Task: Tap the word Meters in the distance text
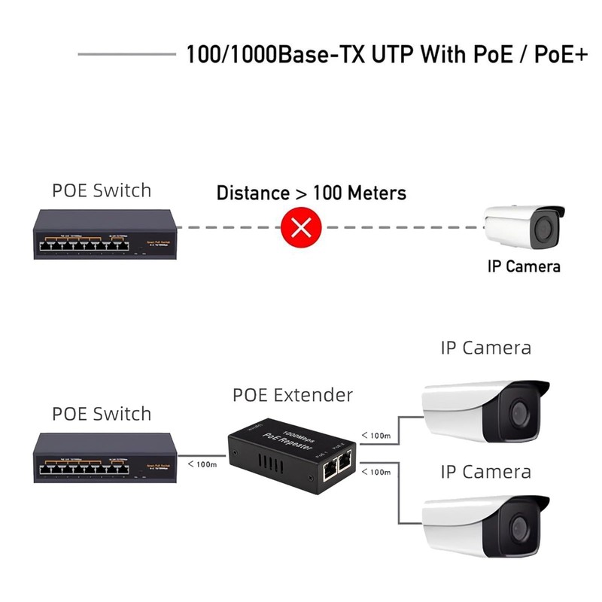[376, 193]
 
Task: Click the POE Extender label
[293, 394]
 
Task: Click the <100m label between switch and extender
[202, 464]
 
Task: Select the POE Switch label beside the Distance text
[102, 190]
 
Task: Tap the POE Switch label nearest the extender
[102, 413]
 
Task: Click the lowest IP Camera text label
[485, 472]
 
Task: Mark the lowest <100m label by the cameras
[375, 472]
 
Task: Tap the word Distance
[251, 193]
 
